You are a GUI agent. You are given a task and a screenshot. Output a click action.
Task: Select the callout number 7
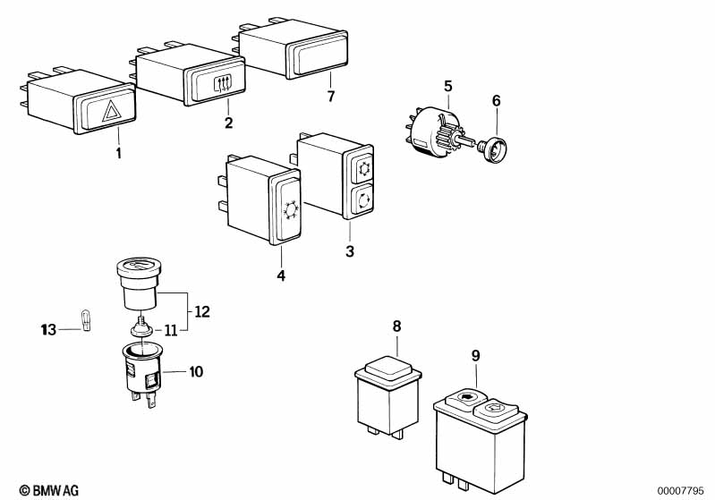(330, 97)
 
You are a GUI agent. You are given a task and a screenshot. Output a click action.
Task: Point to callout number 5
(448, 86)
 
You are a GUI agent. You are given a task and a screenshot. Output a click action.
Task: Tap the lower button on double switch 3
(363, 200)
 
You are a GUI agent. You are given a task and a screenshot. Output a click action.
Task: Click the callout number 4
(281, 276)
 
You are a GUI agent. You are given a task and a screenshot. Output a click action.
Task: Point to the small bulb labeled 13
(87, 319)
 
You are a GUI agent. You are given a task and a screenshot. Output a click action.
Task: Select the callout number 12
(201, 312)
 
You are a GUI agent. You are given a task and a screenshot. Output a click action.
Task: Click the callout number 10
(196, 370)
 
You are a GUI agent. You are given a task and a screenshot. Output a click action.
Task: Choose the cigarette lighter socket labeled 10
(142, 376)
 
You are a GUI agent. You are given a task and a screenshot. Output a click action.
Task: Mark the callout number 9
(475, 355)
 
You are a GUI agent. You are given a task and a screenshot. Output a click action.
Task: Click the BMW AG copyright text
(49, 489)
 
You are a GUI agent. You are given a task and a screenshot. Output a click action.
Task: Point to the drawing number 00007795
(682, 489)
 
